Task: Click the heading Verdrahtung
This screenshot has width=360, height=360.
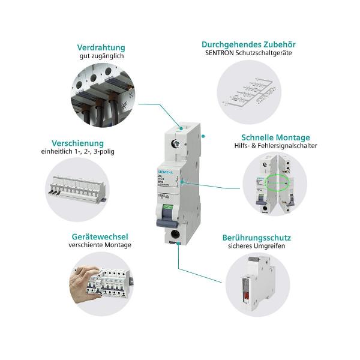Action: (101, 47)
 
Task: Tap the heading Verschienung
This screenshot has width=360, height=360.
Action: (77, 143)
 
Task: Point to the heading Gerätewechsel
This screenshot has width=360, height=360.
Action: (100, 236)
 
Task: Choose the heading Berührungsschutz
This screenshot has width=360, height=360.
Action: (260, 237)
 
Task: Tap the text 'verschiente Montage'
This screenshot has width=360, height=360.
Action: (100, 245)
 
